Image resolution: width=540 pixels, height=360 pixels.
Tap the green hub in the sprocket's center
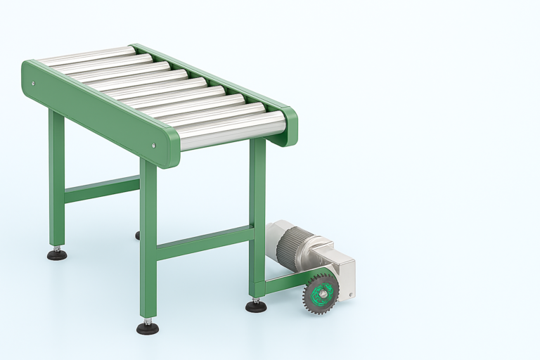pos(320,290)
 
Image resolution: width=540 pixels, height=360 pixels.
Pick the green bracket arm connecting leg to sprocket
pos(285,283)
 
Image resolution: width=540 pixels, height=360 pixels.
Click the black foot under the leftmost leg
pos(57,254)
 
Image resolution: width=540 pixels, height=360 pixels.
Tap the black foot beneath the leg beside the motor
pos(256,306)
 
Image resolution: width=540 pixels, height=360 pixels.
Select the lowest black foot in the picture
pos(147,328)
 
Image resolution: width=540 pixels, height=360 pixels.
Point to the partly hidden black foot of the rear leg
pos(138,235)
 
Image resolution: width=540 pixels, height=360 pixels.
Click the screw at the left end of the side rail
pos(32,83)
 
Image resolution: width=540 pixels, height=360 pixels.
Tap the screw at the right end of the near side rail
pos(154,146)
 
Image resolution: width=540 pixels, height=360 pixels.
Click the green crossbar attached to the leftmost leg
pos(102,188)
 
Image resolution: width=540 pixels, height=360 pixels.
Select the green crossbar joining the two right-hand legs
pos(204,243)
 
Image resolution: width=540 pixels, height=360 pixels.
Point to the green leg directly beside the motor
pos(258,218)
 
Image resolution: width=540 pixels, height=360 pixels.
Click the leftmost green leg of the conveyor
pos(56,179)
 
